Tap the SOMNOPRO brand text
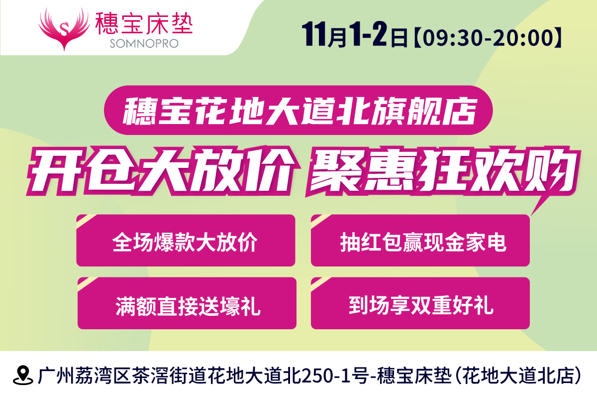coord(144,43)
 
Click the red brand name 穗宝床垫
coord(144,23)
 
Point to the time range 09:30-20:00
coord(488,38)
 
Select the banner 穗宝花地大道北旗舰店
coord(298,110)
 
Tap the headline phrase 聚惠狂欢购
coord(442,171)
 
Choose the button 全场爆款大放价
coord(186,241)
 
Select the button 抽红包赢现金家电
coord(420,241)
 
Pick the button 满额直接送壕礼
coord(187,303)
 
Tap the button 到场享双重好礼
coord(420,303)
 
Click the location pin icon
coord(23,375)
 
